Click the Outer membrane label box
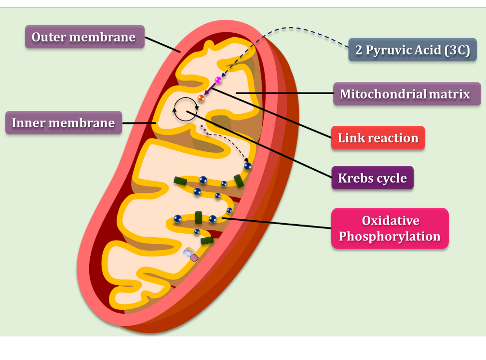coord(84,37)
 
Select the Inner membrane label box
coord(63,123)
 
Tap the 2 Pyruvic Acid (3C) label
coord(412,50)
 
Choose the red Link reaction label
coord(378,138)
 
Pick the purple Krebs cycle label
coord(372,178)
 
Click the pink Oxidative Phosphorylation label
coord(390,228)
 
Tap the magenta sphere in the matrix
coord(218,80)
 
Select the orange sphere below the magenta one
coord(201,98)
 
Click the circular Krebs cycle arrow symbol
coord(186,109)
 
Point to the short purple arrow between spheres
coord(210,89)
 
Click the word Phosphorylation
coord(390,237)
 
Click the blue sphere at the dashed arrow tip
coord(248,166)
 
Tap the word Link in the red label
coord(351,138)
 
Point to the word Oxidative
coord(391,221)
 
